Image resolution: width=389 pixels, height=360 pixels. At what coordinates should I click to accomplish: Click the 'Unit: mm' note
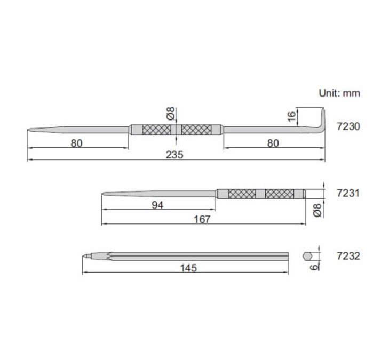click(339, 93)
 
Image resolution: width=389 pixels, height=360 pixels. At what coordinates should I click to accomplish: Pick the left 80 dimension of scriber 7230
click(77, 142)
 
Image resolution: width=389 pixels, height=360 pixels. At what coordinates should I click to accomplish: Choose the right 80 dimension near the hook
click(273, 142)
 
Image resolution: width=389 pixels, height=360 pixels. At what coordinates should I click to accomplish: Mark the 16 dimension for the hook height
click(291, 116)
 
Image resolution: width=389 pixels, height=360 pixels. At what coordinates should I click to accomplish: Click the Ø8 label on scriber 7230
click(170, 114)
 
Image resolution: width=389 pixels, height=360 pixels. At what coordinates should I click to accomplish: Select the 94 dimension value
click(157, 205)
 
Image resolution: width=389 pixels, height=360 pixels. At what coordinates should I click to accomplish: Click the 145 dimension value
click(189, 268)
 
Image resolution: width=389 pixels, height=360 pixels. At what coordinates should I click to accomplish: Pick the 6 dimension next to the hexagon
click(315, 264)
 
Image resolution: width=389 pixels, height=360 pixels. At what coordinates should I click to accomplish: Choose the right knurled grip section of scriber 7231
click(279, 193)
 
